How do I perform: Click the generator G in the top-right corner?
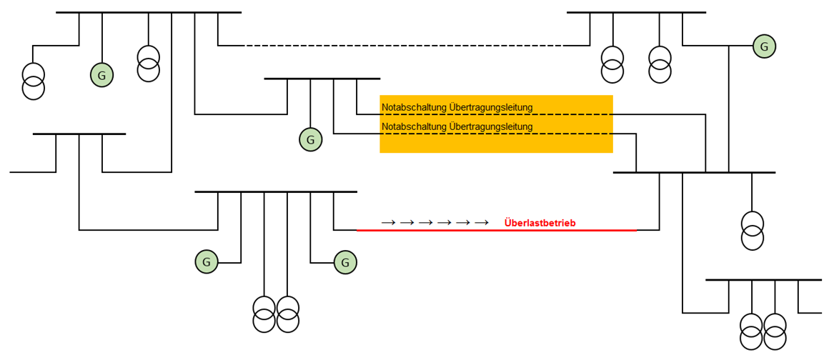tap(764, 46)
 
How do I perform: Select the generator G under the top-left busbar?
tap(101, 74)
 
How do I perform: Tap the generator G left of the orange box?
tap(310, 140)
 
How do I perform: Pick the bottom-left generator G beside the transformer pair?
tap(207, 262)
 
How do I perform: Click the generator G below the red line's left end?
tap(345, 262)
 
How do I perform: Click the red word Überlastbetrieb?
tap(540, 223)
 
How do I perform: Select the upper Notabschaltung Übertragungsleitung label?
tap(457, 107)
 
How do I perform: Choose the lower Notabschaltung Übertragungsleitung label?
tap(457, 126)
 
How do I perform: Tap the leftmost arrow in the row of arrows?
tap(388, 223)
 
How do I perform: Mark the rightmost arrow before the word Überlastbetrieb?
tap(481, 223)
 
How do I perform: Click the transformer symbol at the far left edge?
tap(33, 81)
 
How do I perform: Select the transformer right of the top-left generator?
tap(148, 64)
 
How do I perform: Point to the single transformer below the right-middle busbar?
tap(752, 230)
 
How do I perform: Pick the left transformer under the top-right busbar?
tap(612, 64)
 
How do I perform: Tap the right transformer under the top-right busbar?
tap(660, 64)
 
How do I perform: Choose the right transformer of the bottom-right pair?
tap(775, 331)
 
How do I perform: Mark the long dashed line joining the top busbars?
tap(404, 46)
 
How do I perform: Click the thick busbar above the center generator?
tap(322, 78)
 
